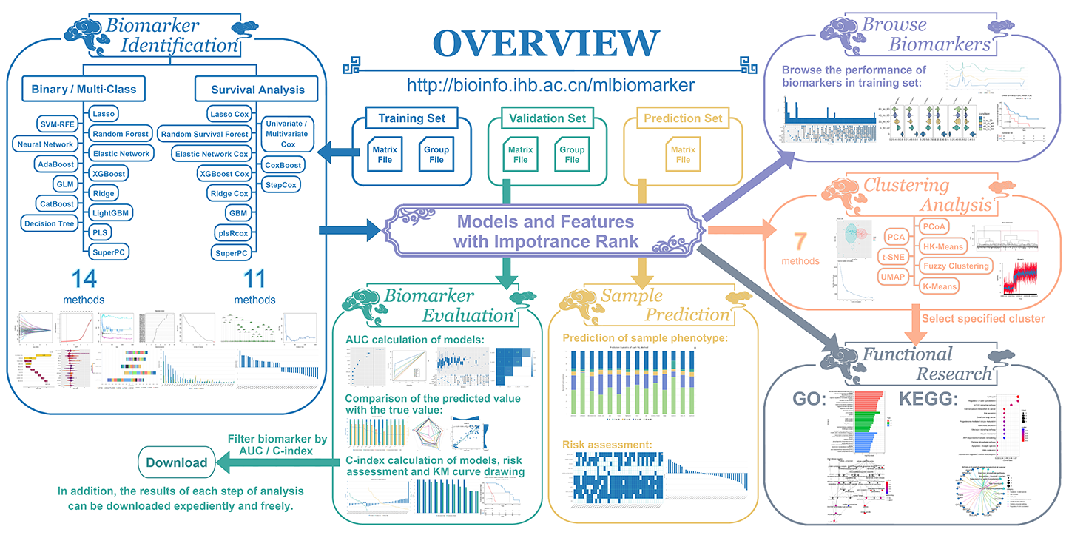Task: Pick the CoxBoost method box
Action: (x=282, y=164)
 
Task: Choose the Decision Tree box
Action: (x=50, y=223)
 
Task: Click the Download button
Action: (x=177, y=463)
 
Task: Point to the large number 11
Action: (x=254, y=278)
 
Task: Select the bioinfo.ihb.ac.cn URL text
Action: (x=546, y=85)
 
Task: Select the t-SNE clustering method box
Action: (x=897, y=256)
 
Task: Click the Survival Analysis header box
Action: (x=257, y=90)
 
